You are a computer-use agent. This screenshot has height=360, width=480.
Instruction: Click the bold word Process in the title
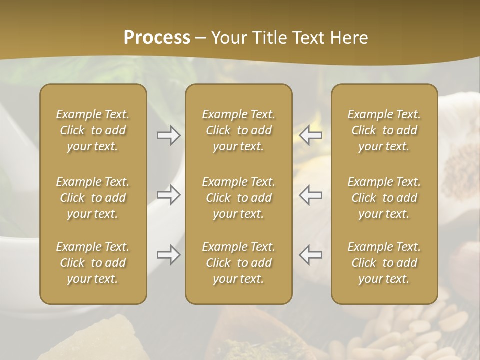[157, 37]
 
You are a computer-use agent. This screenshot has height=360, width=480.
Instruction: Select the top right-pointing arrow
[169, 135]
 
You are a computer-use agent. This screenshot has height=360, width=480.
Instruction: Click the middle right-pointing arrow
[169, 195]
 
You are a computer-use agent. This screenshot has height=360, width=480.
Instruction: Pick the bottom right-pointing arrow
[169, 255]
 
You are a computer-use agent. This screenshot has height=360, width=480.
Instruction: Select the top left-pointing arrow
[311, 135]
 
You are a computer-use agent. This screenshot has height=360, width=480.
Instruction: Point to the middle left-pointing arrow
[311, 195]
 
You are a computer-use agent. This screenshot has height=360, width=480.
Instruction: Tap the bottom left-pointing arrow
[311, 255]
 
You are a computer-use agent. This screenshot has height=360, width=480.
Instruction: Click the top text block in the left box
[93, 130]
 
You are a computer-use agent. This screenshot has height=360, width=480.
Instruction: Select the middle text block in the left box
[93, 198]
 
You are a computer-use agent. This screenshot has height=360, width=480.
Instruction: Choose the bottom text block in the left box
[93, 263]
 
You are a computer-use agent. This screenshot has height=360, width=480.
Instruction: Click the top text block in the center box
[238, 130]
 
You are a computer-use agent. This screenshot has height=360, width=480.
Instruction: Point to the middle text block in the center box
[238, 198]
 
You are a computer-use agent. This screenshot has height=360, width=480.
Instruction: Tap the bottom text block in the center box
[238, 263]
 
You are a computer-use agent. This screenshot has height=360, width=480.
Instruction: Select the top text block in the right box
[384, 130]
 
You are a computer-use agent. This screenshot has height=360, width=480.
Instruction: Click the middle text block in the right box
[384, 198]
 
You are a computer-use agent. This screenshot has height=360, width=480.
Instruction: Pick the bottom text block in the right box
[384, 263]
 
